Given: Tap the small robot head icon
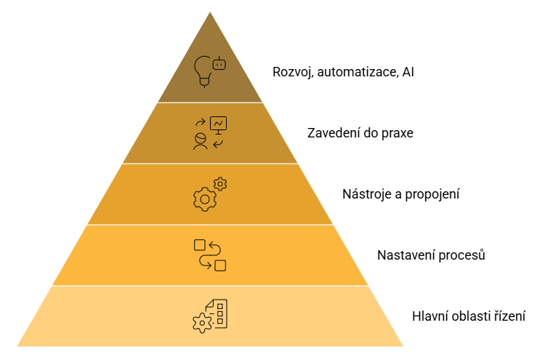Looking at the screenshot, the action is click(219, 64).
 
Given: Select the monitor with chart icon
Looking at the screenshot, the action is click(218, 125).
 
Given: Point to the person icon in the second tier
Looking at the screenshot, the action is click(201, 141).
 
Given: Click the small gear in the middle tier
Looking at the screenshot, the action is click(220, 184).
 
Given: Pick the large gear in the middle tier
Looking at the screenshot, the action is click(205, 199).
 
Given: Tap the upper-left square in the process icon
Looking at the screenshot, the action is click(200, 245).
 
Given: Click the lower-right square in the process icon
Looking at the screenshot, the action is click(220, 265).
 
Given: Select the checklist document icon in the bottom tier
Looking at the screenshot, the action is click(217, 313).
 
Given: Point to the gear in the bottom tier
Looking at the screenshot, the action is click(201, 323).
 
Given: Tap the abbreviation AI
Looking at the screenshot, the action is click(408, 72).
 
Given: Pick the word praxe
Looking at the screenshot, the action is click(397, 134).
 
